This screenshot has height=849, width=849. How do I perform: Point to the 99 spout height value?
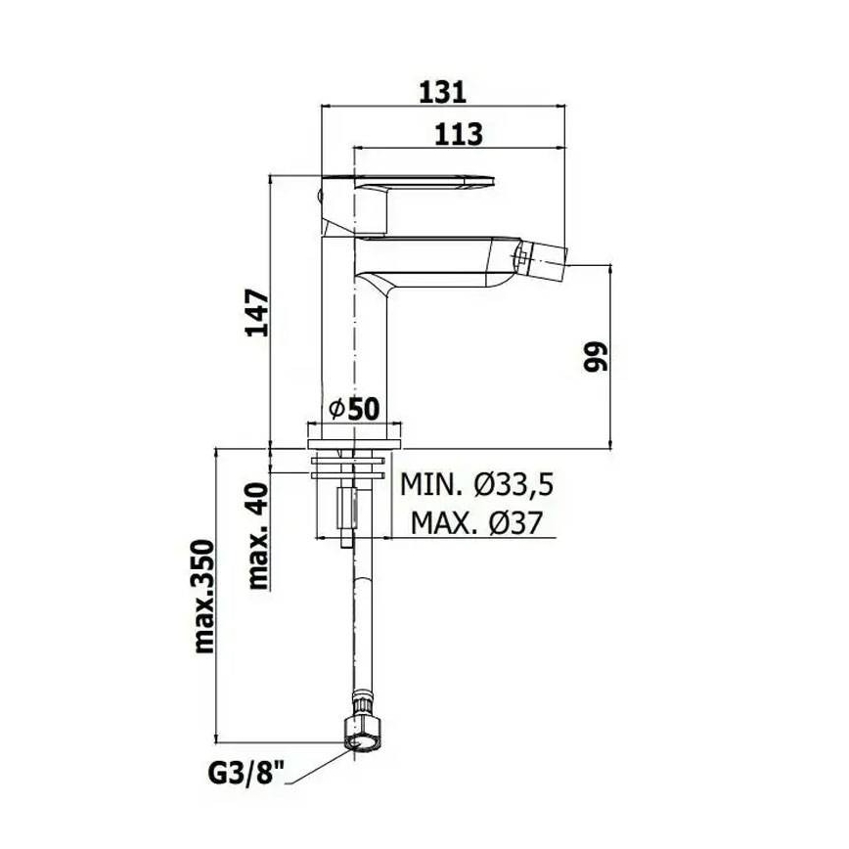click(597, 356)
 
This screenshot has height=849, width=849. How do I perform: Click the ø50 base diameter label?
click(353, 410)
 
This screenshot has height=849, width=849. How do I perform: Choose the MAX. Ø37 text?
click(477, 523)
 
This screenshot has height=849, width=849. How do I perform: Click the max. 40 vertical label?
click(257, 538)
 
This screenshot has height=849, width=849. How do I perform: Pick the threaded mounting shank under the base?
click(348, 504)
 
